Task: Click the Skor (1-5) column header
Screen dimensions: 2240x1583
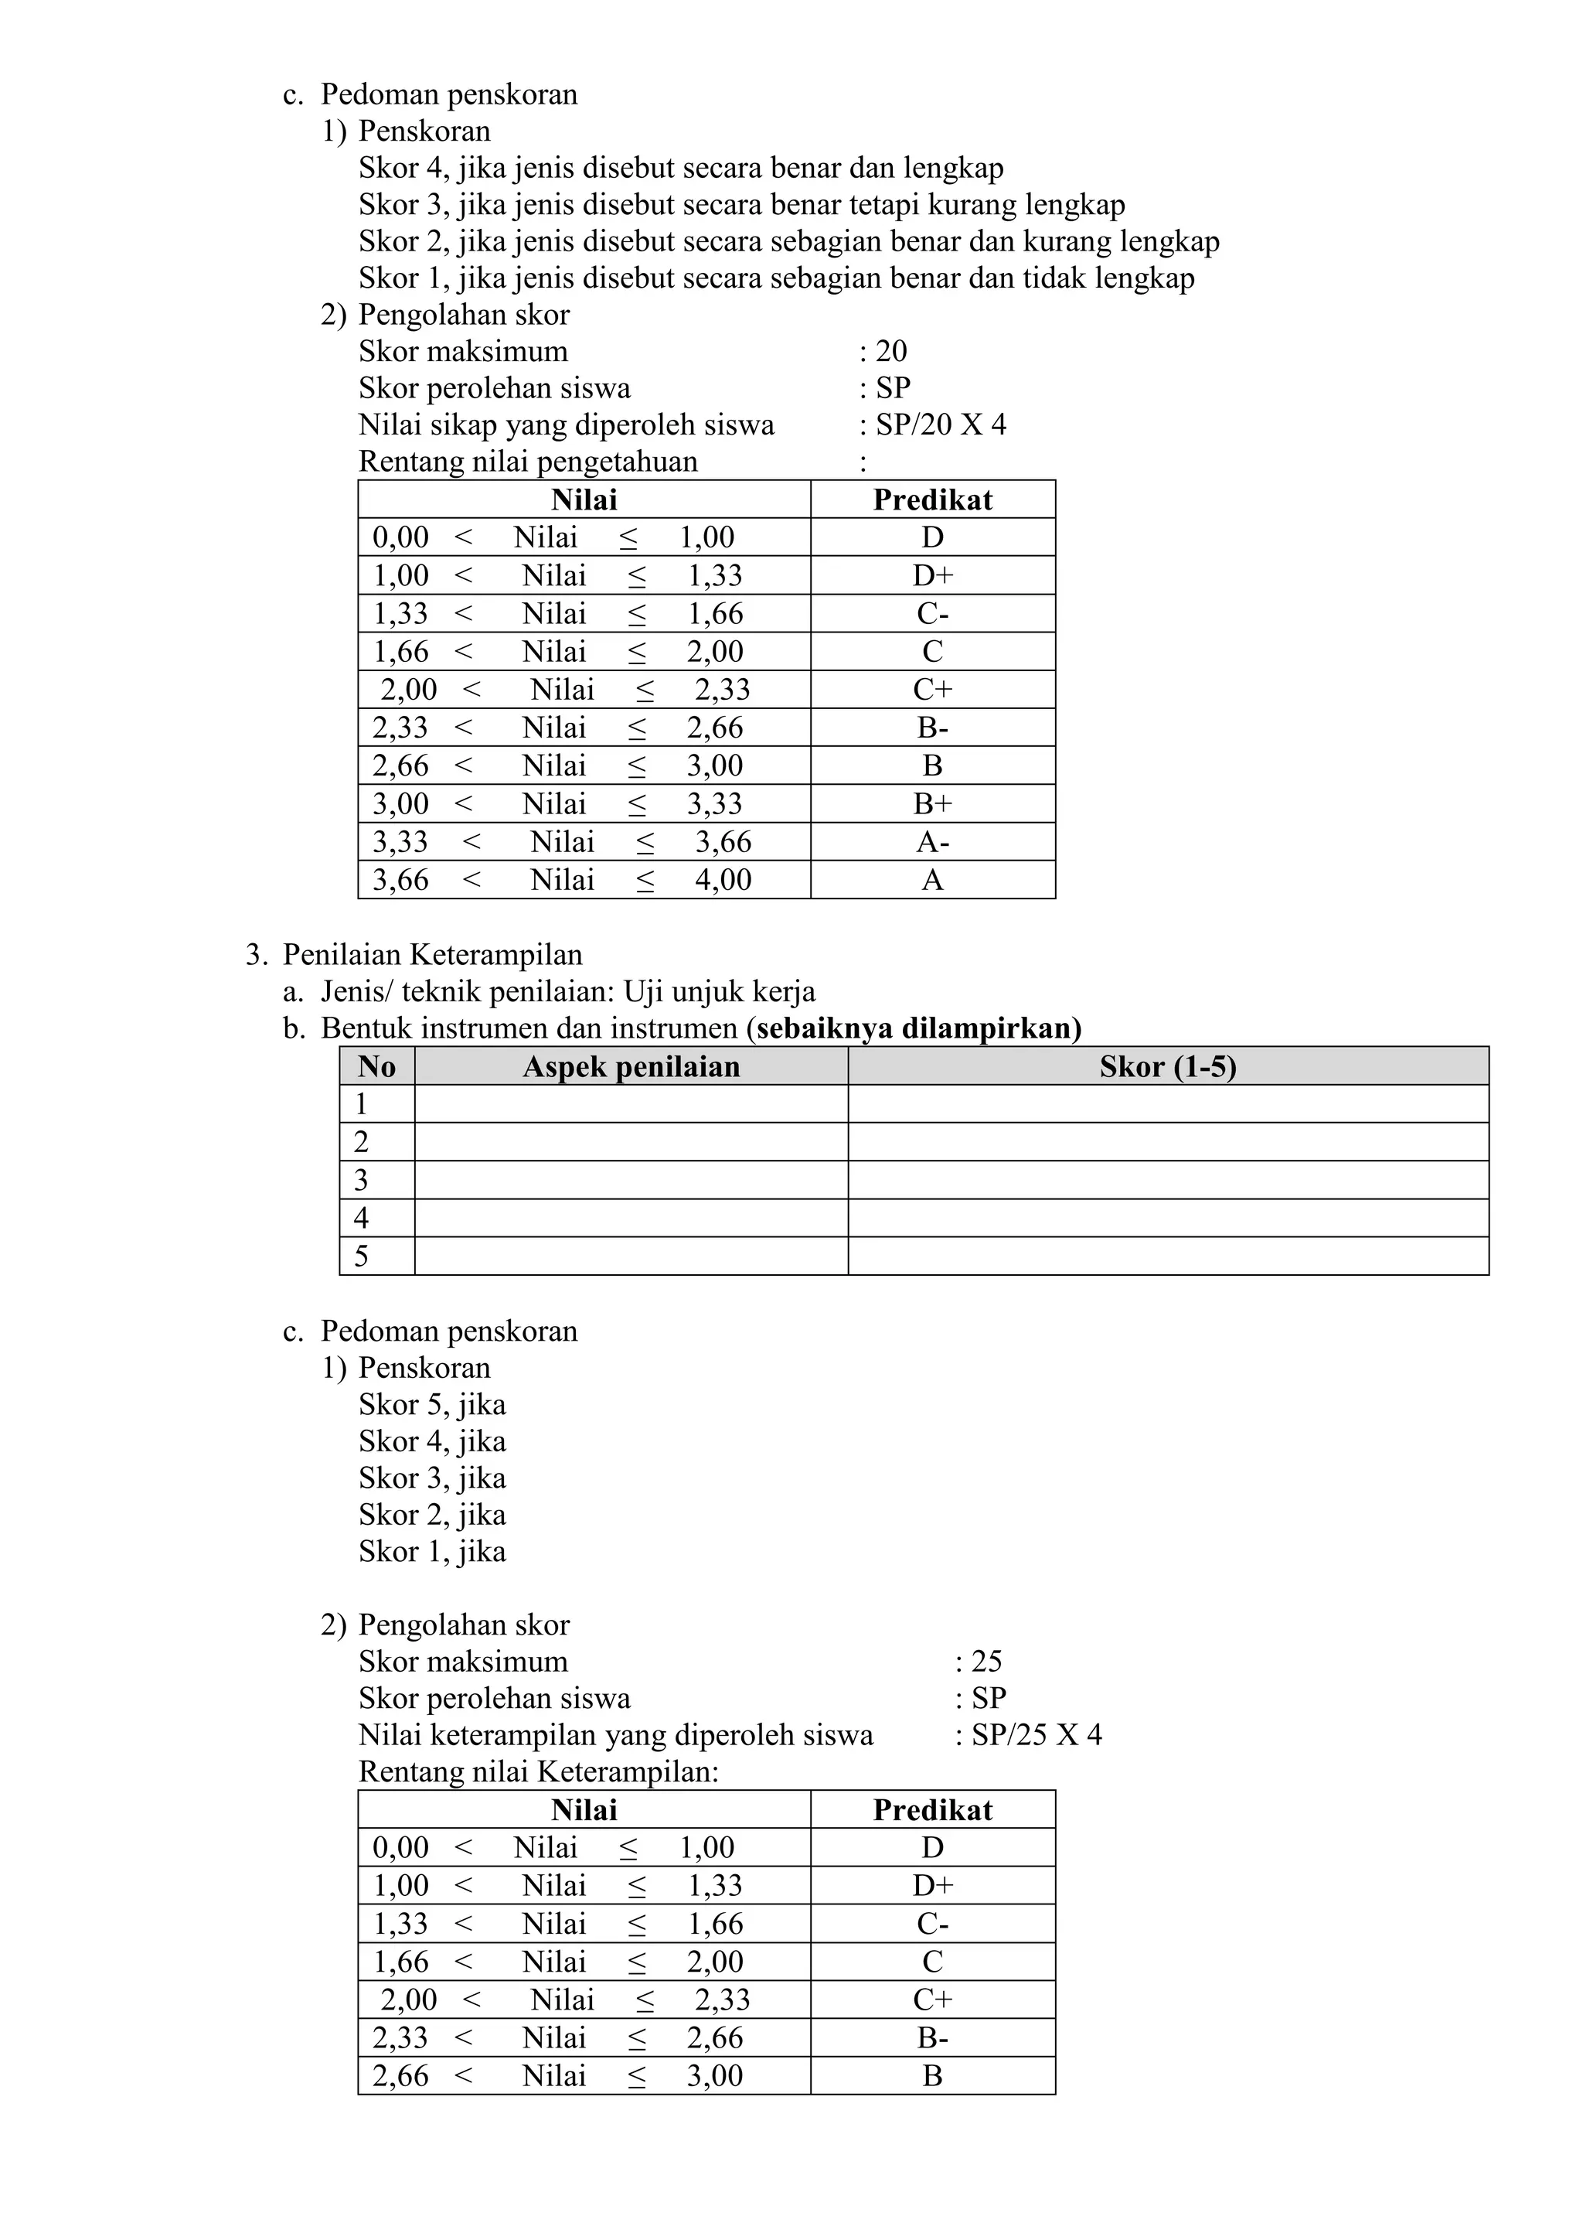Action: click(x=1167, y=1066)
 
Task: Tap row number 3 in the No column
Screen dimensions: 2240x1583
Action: click(x=361, y=1181)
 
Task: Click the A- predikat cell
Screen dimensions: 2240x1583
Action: click(x=932, y=842)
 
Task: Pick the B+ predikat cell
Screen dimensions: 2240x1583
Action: click(x=932, y=804)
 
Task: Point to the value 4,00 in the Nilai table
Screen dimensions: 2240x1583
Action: click(x=723, y=880)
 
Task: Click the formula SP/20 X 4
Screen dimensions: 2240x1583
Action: click(x=940, y=424)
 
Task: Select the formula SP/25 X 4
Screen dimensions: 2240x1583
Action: click(x=1036, y=1734)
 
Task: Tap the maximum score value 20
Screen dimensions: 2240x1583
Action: click(x=890, y=351)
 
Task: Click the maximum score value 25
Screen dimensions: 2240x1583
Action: click(x=986, y=1662)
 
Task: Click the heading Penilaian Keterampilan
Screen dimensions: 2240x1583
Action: click(x=432, y=954)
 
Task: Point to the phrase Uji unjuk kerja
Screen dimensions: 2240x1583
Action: click(x=719, y=991)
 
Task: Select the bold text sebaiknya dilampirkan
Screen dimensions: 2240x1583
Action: click(x=917, y=1028)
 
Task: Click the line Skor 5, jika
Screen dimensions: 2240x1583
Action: click(x=432, y=1405)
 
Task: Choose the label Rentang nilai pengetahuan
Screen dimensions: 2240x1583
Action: click(x=528, y=462)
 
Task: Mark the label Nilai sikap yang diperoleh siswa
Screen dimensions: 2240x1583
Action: click(x=566, y=424)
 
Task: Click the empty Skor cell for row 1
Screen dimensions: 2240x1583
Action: click(x=1167, y=1104)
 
